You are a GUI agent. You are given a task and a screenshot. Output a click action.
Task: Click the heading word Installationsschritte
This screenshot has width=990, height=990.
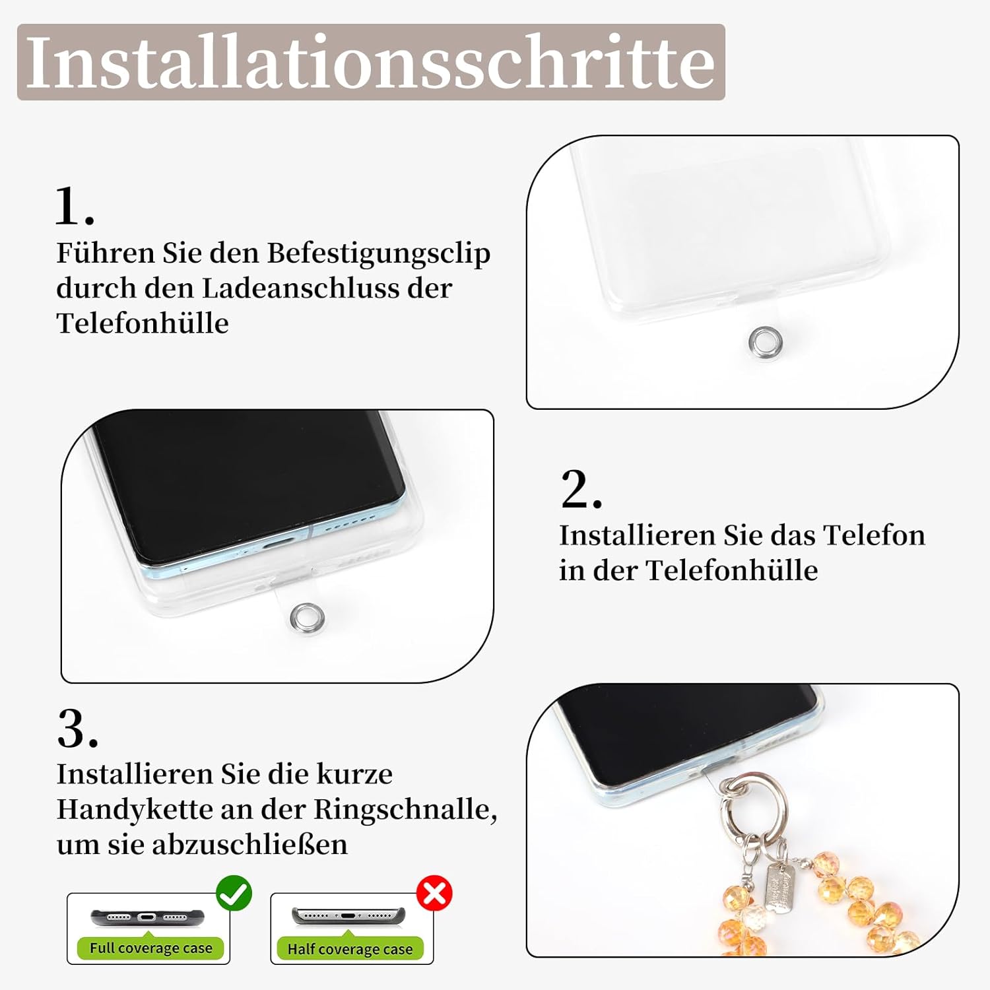(x=370, y=62)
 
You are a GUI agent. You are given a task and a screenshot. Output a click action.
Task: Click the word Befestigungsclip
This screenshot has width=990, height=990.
(x=379, y=253)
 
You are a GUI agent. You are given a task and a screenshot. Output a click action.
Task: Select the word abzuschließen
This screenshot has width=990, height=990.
(x=250, y=844)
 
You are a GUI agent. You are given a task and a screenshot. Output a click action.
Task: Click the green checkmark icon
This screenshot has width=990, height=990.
(x=234, y=894)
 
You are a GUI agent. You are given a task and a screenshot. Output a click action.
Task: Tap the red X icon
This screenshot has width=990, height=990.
(x=434, y=894)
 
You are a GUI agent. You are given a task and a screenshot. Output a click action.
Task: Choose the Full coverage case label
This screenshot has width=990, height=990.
(x=150, y=948)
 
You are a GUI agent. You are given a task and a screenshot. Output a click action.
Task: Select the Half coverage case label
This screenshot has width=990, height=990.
(x=350, y=949)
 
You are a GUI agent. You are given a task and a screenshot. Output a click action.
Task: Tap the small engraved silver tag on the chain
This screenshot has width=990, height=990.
(x=779, y=888)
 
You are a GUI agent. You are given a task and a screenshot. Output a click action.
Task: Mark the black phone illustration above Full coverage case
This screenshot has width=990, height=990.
(x=148, y=917)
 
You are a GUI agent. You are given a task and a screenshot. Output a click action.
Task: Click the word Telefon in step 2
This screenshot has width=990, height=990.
(x=874, y=535)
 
